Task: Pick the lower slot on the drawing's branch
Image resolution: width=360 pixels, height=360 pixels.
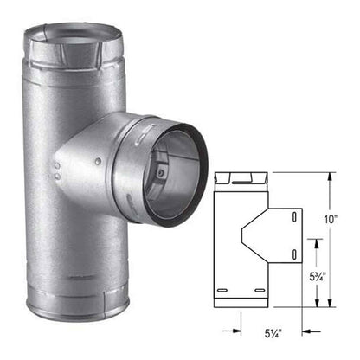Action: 296,253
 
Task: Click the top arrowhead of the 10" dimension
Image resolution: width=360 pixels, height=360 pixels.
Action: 329,176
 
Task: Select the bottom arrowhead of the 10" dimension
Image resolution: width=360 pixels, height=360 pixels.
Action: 329,304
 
